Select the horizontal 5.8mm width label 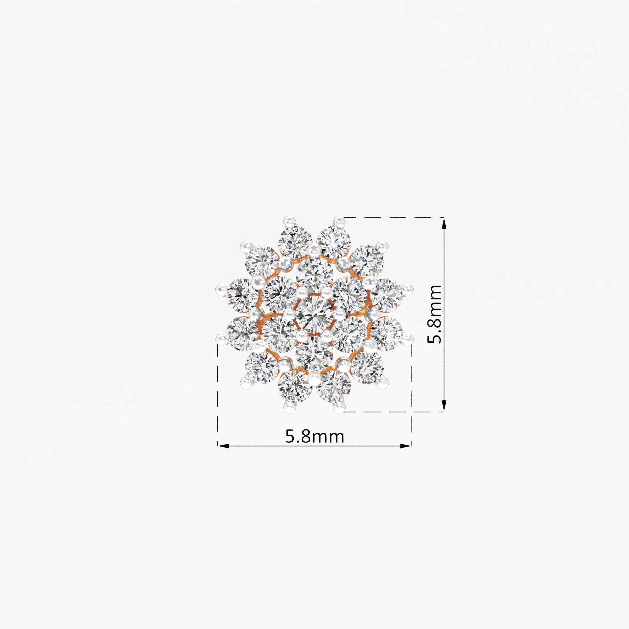314,436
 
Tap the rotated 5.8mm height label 434,314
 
